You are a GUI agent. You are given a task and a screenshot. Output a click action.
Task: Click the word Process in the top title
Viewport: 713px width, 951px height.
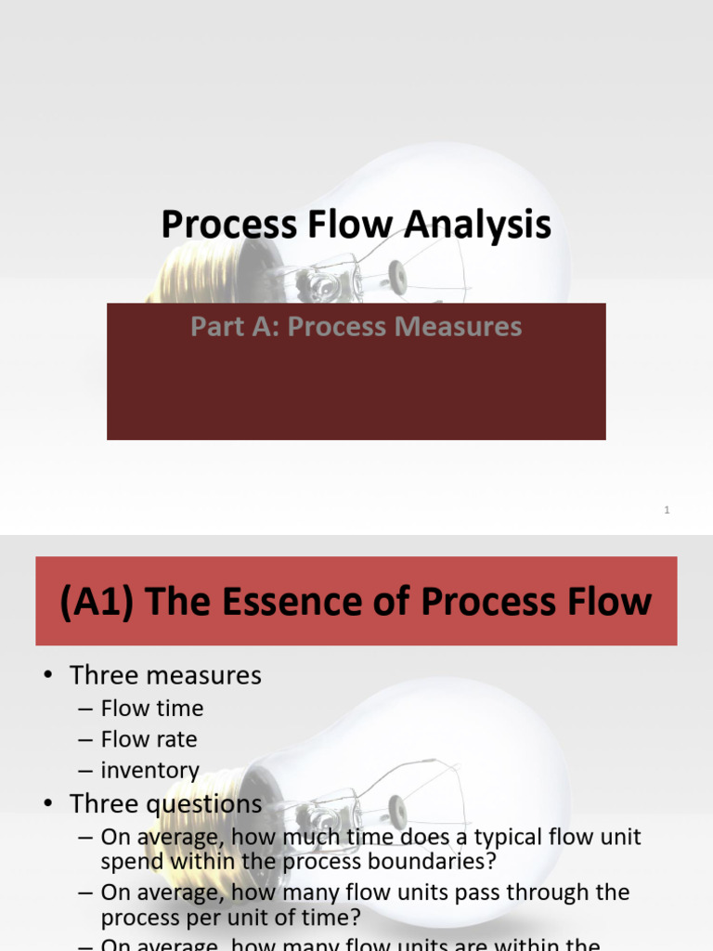click(220, 225)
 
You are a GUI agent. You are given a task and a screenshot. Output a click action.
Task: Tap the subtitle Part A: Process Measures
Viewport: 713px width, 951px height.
click(356, 327)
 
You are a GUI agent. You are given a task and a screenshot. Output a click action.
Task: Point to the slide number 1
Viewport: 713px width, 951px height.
click(667, 510)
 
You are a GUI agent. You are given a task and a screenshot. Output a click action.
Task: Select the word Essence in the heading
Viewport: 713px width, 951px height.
click(292, 602)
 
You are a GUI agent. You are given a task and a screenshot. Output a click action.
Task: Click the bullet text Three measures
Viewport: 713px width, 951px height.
click(165, 675)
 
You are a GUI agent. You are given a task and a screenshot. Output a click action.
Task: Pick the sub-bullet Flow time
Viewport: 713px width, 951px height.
click(152, 708)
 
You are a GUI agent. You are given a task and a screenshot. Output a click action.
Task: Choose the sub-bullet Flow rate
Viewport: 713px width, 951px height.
click(149, 739)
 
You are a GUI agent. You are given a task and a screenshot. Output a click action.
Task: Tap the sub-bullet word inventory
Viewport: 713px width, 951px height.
click(150, 771)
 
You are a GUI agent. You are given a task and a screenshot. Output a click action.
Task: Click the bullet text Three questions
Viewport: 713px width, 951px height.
click(166, 803)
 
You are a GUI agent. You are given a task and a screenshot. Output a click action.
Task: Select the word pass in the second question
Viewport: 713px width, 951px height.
click(464, 892)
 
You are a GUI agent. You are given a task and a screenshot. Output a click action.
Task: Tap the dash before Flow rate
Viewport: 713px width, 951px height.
click(84, 740)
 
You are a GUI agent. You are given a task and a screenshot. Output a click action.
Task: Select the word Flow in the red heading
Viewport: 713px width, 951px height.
click(597, 602)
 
